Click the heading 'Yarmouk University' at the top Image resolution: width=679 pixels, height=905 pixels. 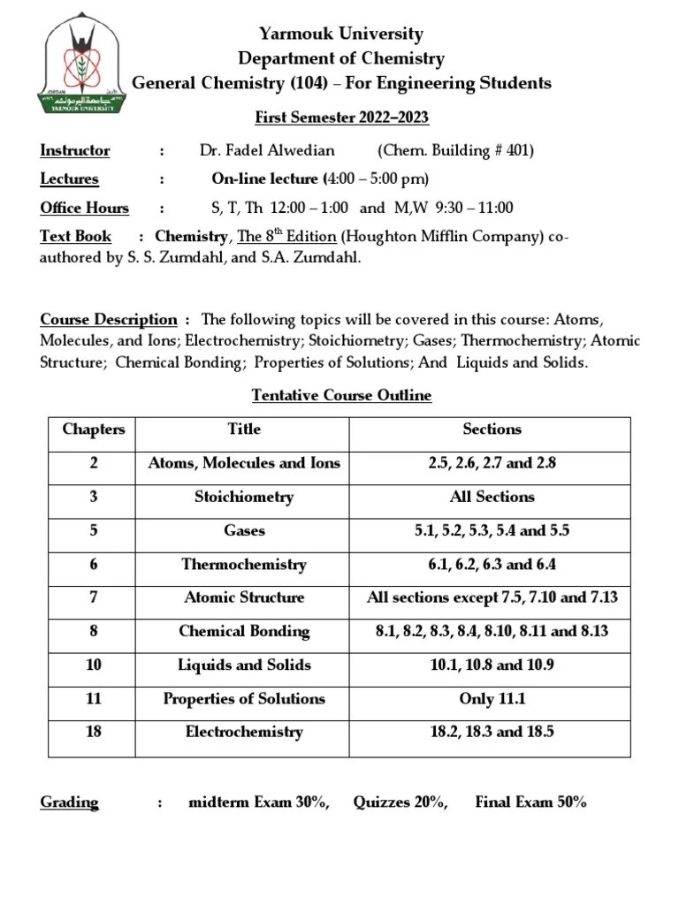point(340,34)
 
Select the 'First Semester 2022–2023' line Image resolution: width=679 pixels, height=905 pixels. point(341,118)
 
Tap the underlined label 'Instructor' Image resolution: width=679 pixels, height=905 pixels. point(75,150)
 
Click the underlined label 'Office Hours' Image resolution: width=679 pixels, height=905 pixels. point(85,209)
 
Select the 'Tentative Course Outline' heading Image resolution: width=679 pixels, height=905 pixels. point(341,395)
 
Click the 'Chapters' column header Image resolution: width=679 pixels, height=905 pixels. point(94,430)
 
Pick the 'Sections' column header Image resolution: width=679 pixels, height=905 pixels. point(492,430)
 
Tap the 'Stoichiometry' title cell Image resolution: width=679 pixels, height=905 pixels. point(244,497)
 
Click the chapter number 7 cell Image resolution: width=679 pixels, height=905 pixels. point(94,597)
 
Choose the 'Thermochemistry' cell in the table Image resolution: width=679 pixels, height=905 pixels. point(244,564)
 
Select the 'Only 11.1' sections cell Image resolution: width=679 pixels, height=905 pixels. point(492,698)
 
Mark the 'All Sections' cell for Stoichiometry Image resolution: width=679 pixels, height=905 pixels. point(492,497)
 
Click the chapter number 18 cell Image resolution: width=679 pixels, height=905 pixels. point(94,732)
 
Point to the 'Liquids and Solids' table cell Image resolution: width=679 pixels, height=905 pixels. point(244,665)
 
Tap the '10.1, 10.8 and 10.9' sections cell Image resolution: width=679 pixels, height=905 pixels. point(492,665)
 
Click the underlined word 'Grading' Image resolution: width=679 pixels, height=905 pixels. point(70,802)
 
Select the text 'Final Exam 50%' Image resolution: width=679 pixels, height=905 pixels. point(530,802)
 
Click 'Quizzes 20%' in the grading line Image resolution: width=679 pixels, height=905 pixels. point(401,802)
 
